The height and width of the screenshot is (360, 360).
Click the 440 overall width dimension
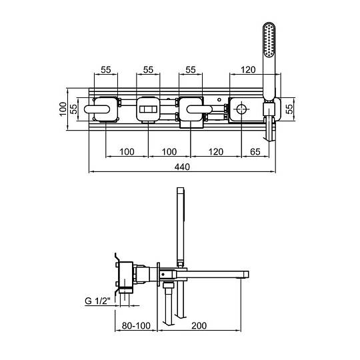pyautogui.click(x=182, y=167)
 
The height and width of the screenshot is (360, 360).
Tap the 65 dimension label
pyautogui.click(x=255, y=152)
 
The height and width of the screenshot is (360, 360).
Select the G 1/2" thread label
pyautogui.click(x=98, y=301)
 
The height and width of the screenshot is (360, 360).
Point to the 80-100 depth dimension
pyautogui.click(x=136, y=325)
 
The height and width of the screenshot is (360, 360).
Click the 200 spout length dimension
pyautogui.click(x=199, y=325)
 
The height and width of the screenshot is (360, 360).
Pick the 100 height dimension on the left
pyautogui.click(x=63, y=109)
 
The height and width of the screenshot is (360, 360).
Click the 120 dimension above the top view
pyautogui.click(x=248, y=69)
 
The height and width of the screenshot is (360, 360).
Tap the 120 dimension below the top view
pyautogui.click(x=216, y=152)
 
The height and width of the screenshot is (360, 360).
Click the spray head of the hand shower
pyautogui.click(x=269, y=40)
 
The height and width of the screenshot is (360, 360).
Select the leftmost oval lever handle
pyautogui.click(x=97, y=109)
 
